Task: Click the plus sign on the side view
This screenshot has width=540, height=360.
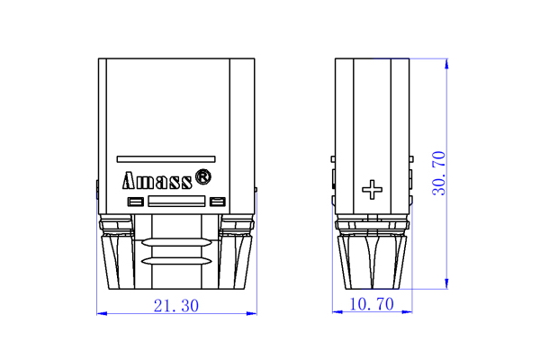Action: click(372, 189)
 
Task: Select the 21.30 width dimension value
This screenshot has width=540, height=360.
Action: click(176, 305)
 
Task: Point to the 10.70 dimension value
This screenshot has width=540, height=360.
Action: click(372, 305)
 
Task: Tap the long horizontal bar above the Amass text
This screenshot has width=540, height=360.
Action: click(166, 153)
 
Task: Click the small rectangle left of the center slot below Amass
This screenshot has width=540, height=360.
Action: click(136, 201)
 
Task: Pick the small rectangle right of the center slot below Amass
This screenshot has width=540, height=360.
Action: click(217, 201)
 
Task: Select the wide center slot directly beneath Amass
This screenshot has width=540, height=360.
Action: click(176, 202)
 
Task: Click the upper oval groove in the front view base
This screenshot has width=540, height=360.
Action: click(176, 241)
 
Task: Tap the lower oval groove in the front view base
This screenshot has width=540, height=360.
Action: click(176, 261)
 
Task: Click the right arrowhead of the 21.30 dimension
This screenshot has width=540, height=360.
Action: click(252, 313)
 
